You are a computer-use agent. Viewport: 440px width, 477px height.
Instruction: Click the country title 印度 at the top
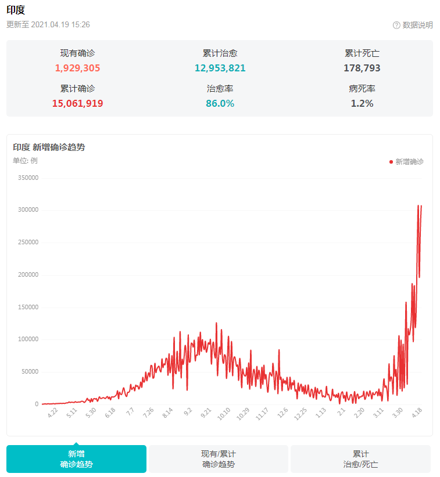pos(16,10)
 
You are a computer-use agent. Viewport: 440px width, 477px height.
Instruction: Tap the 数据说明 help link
pos(417,25)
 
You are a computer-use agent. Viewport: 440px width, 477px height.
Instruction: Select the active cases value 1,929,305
pos(78,68)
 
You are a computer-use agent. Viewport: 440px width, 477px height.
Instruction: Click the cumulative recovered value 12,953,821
pos(220,68)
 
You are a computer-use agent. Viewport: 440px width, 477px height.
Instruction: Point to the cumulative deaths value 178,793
pos(362,68)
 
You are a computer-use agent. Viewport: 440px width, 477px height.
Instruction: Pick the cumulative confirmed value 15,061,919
pos(78,103)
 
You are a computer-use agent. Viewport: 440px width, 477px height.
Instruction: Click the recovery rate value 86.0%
pos(220,103)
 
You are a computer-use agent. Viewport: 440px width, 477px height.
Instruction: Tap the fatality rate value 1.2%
pos(362,103)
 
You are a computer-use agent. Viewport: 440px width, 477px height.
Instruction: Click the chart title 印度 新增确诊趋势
pos(49,147)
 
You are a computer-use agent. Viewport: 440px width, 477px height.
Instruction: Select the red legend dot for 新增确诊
pos(391,161)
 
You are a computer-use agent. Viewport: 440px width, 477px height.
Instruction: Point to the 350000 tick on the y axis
pos(28,178)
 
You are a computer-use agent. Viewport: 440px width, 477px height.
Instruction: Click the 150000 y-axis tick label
pos(28,307)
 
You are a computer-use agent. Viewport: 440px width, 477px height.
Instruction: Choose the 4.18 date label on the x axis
pos(417,413)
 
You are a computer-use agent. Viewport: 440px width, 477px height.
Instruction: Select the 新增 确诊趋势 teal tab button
pos(76,458)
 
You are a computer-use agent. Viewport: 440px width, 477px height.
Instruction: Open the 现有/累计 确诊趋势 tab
pos(218,458)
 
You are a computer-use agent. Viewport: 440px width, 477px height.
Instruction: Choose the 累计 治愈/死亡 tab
pos(360,458)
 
